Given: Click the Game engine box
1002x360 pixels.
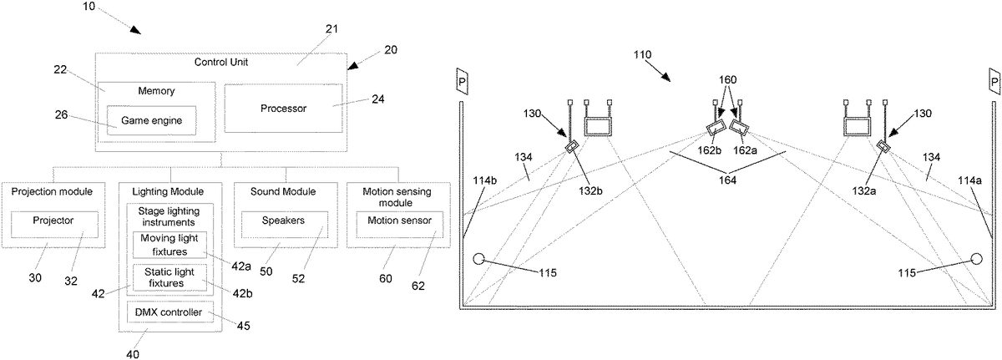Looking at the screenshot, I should (151, 120).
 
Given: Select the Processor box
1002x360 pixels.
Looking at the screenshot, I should (284, 108).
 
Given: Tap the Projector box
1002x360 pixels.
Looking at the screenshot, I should (53, 224).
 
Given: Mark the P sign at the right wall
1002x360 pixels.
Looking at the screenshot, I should (994, 81).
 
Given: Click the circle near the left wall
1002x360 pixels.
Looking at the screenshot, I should (479, 259).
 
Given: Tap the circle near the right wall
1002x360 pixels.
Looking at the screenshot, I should (975, 259).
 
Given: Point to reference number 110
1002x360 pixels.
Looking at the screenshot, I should (643, 55).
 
